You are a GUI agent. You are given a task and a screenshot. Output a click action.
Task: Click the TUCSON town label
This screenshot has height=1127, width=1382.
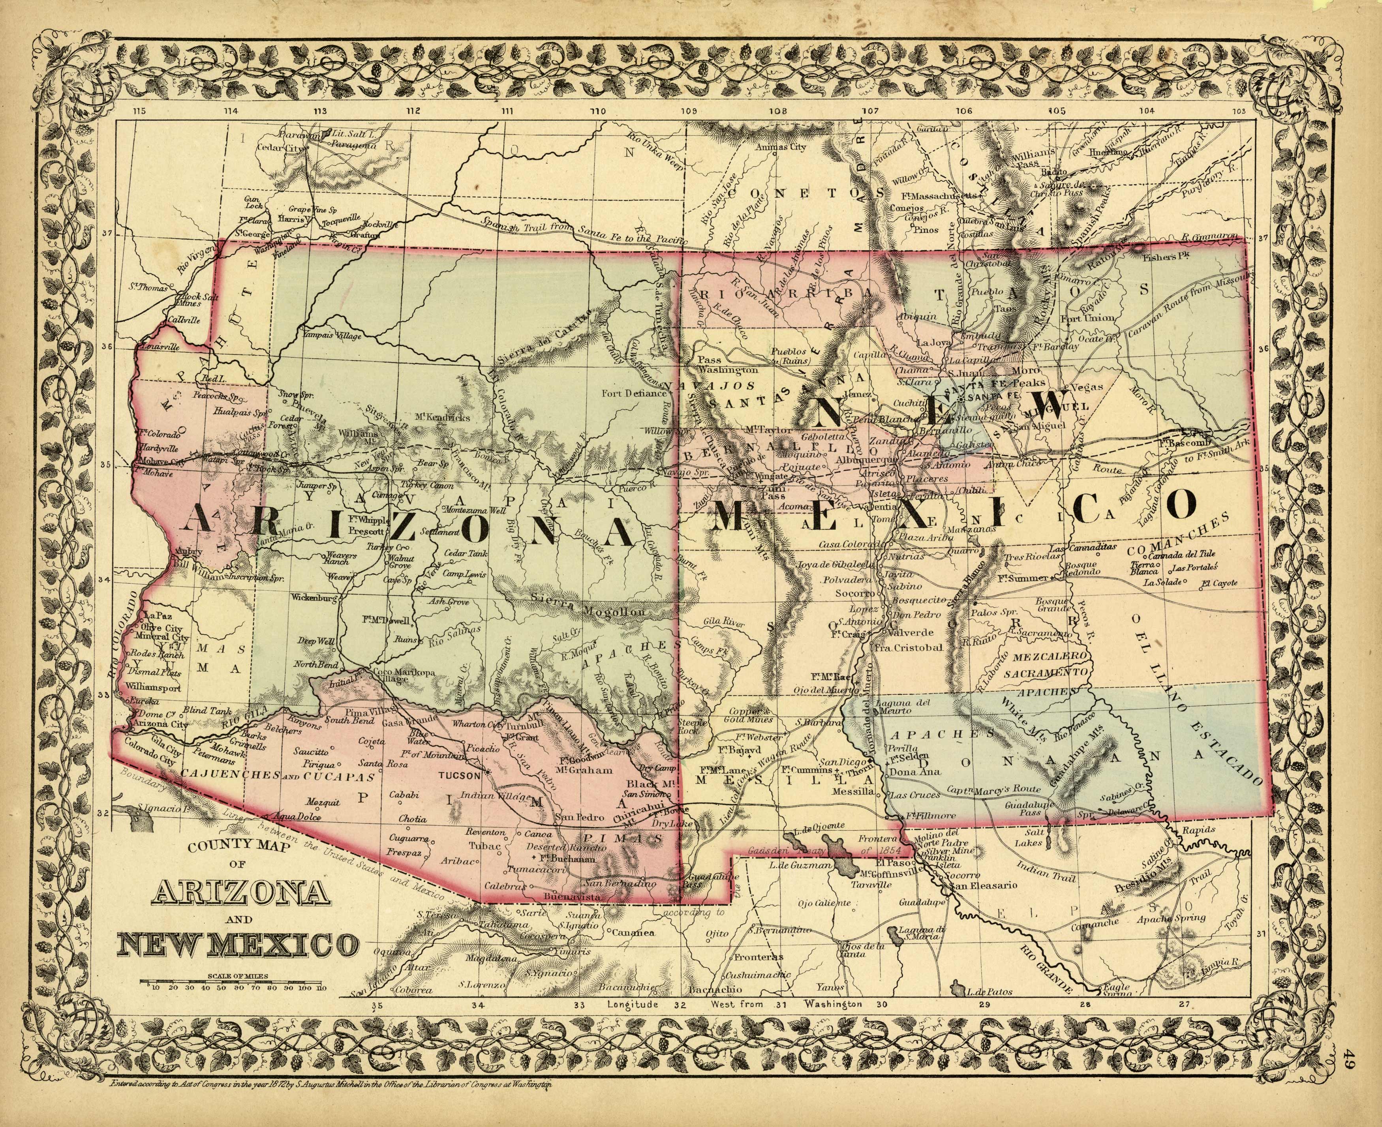coord(460,774)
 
